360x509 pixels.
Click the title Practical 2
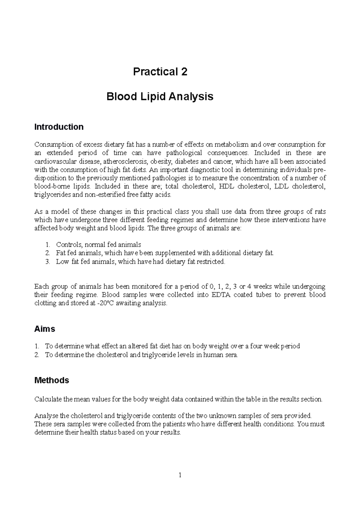click(160, 72)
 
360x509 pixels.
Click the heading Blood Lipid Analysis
click(160, 97)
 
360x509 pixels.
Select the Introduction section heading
click(59, 127)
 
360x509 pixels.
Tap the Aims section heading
click(45, 329)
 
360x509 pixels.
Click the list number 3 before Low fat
click(47, 261)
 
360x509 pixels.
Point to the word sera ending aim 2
click(231, 355)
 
